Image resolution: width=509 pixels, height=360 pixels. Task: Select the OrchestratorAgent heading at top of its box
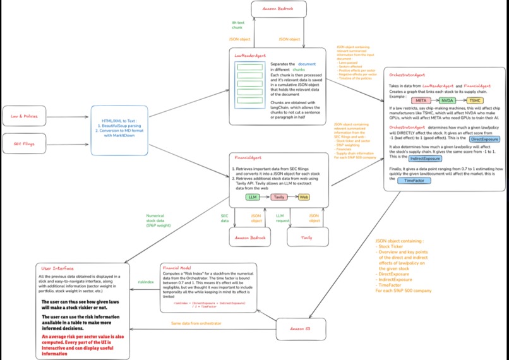410,75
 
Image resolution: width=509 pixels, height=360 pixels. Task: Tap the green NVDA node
448,100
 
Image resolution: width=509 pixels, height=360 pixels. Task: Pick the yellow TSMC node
474,100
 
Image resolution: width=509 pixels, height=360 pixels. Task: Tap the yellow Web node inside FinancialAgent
304,196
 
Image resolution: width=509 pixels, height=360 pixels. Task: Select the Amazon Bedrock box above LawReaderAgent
278,9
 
